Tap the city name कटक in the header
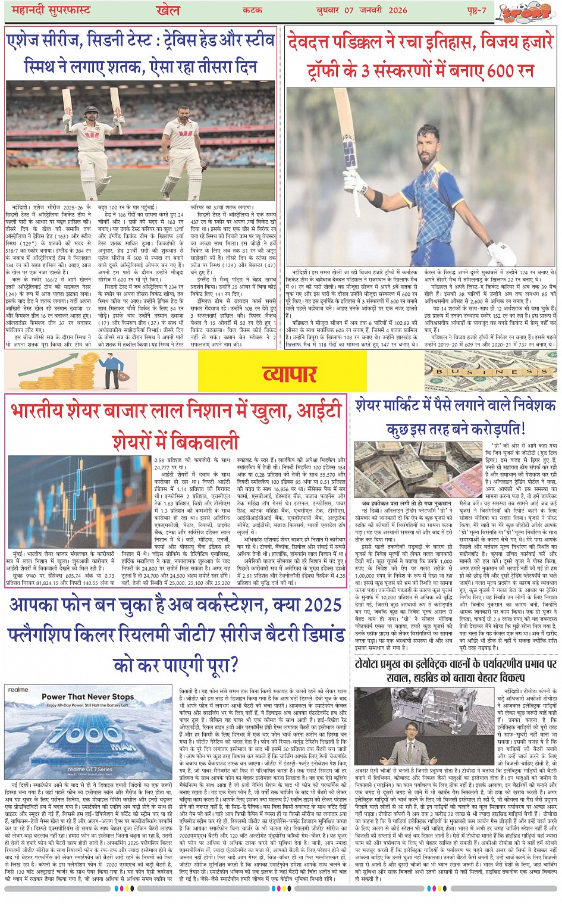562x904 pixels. point(253,11)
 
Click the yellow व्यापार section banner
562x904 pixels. point(290,374)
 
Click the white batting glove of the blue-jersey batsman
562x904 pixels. point(501,252)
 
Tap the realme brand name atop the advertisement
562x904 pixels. point(18,690)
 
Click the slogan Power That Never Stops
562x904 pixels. point(87,697)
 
